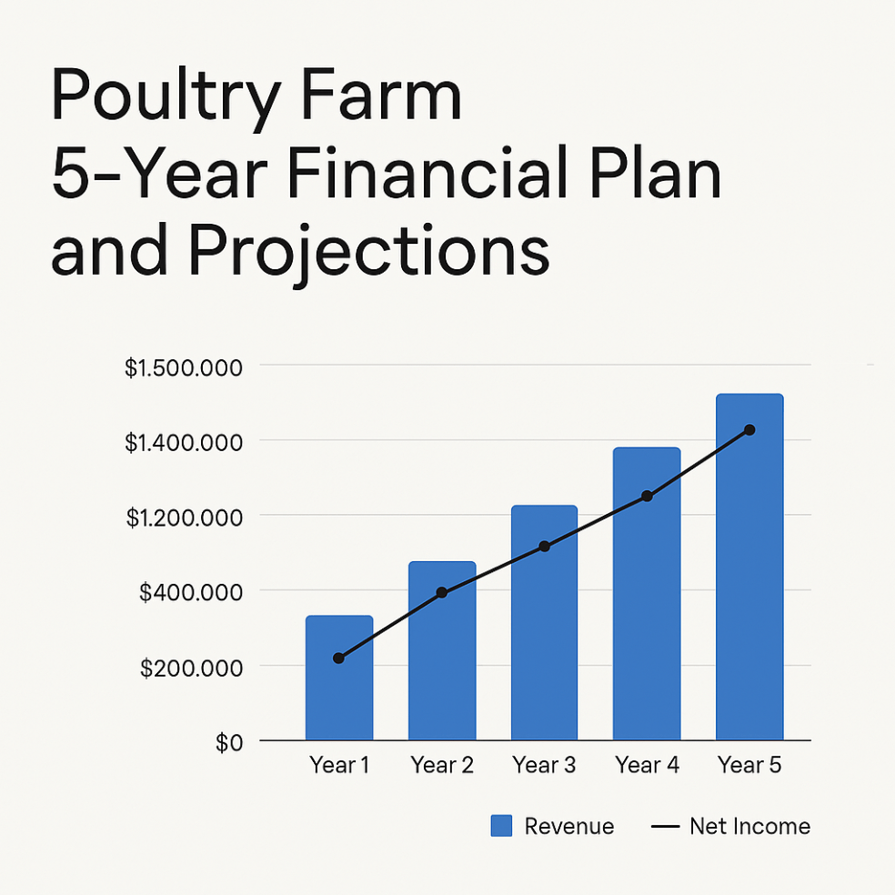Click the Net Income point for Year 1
click(339, 658)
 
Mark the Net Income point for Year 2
click(442, 592)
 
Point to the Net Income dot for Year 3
click(544, 547)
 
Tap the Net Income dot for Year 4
click(647, 496)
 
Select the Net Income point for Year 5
click(749, 429)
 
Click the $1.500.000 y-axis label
click(184, 368)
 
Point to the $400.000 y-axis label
click(191, 593)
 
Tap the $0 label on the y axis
click(228, 743)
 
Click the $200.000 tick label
click(191, 669)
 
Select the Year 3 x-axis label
click(544, 766)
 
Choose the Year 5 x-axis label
click(749, 766)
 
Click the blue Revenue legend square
click(502, 826)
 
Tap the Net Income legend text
click(749, 826)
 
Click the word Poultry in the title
click(154, 98)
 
